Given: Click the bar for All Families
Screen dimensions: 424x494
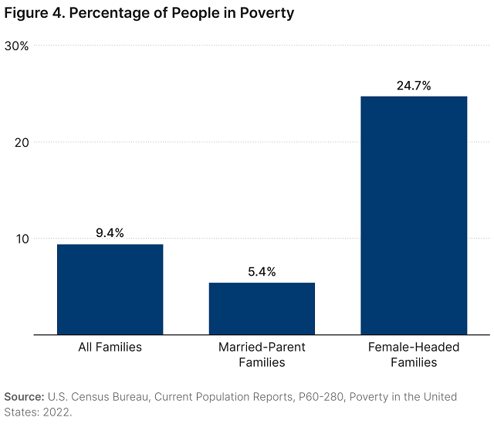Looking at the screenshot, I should [x=110, y=289].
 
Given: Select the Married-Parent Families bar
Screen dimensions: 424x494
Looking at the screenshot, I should [x=262, y=308].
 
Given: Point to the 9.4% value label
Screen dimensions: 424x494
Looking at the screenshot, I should [x=110, y=232].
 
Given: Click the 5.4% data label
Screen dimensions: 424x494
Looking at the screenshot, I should [x=262, y=271].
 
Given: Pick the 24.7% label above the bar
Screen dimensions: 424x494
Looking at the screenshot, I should [x=414, y=85].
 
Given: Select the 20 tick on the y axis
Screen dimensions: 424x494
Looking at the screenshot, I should [x=22, y=142].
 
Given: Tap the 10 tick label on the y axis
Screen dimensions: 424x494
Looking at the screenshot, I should [x=22, y=239].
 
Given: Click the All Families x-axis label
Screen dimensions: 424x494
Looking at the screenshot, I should [x=110, y=347].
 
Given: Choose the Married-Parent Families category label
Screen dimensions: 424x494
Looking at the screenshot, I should [x=262, y=354].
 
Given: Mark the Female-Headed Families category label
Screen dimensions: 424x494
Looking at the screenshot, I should [x=414, y=354].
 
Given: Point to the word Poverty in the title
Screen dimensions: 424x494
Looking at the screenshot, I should [x=266, y=13].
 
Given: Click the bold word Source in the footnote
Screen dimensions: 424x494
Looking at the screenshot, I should [x=24, y=396].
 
